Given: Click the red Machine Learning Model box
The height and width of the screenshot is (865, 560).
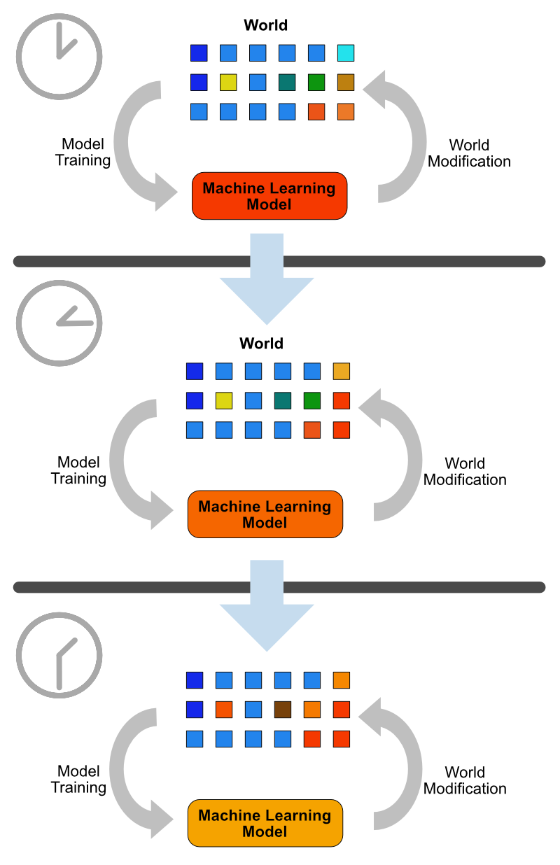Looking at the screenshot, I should pos(269,196).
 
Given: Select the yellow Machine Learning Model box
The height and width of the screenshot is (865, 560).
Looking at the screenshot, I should pos(265,823).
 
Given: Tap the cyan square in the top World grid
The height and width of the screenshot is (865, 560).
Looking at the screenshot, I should pos(346,53).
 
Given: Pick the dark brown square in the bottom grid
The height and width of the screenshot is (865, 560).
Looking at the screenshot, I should pos(283,710).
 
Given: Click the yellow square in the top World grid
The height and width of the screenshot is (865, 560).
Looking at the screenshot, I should pos(228,83).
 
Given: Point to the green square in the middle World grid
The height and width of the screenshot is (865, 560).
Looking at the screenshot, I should pos(312,400).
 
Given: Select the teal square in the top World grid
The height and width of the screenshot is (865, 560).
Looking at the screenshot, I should pos(287,83).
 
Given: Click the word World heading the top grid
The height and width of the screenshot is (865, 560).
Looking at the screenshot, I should pos(265,26).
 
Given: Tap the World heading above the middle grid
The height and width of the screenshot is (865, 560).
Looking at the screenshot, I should pos(261,344).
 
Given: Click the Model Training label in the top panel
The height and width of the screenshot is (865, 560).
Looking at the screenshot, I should pos(83,153).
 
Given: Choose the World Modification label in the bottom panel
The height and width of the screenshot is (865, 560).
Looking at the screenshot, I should pos(465,780).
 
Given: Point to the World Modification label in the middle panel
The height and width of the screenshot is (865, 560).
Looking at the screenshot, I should pos(465,472).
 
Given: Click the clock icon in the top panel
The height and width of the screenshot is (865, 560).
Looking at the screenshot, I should pos(59,56).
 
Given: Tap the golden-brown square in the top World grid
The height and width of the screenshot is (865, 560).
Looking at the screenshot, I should pos(346,83).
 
